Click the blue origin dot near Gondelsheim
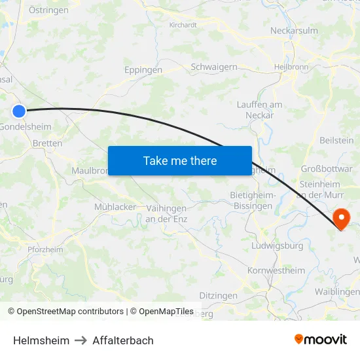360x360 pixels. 19,111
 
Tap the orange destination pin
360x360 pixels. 342,219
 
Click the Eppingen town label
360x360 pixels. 143,69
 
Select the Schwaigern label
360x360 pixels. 213,67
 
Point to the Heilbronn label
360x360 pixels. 291,67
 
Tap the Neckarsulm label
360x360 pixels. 294,30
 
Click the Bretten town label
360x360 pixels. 47,143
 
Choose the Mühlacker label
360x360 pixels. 115,207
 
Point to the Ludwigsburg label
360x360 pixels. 278,246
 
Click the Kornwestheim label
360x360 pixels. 276,270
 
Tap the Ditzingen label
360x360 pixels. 218,296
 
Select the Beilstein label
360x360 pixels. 336,140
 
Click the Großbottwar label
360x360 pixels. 327,168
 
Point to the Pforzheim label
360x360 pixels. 46,249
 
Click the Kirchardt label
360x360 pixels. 183,25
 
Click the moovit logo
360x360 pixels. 321,339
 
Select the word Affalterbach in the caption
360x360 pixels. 123,340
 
